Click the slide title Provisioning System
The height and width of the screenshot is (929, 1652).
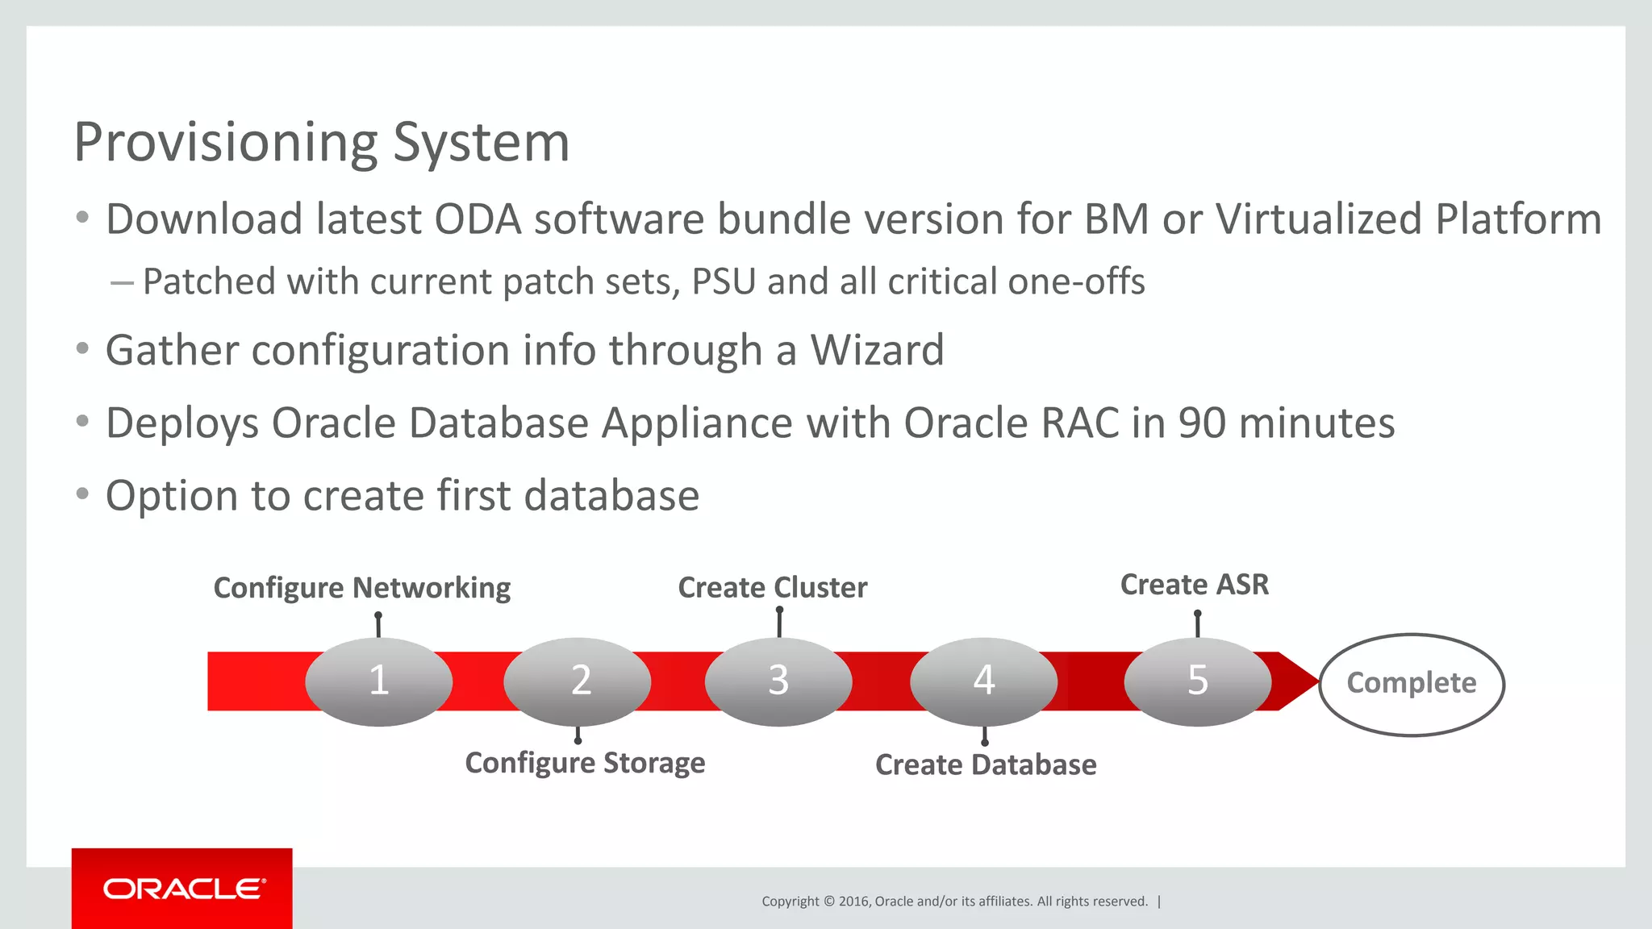point(321,143)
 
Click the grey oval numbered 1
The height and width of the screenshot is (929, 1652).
point(378,681)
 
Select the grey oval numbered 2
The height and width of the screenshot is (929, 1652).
point(578,681)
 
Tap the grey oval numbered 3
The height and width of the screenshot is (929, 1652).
point(778,681)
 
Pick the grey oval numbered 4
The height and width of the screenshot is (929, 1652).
point(983,681)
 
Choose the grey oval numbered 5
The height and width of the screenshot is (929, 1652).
point(1198,681)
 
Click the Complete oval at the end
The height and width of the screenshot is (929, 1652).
point(1412,684)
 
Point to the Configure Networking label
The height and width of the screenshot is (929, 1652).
point(362,588)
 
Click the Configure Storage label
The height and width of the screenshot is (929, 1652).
point(585,763)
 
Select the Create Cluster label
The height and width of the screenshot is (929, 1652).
point(773,588)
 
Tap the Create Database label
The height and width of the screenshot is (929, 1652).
point(986,764)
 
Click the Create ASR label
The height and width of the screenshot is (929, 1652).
point(1195,585)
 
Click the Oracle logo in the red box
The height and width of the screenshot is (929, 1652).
point(183,889)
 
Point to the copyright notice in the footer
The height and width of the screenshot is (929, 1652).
point(954,902)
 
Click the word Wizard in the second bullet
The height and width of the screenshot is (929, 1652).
point(877,351)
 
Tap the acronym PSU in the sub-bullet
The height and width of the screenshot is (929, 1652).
point(724,282)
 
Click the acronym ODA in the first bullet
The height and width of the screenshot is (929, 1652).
point(478,219)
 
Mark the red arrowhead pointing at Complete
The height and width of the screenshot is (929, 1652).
point(1297,681)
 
